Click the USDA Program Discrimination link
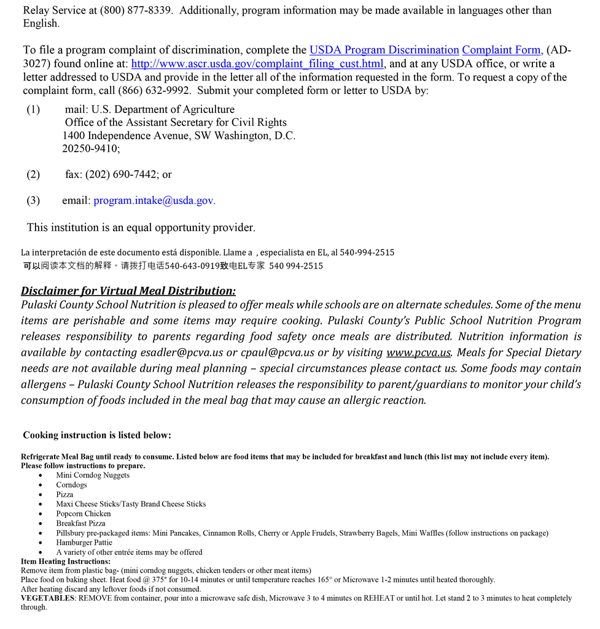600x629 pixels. coord(384,50)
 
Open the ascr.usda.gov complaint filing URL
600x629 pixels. coord(257,64)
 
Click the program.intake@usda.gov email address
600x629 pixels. coord(154,201)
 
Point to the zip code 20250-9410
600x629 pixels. coord(90,149)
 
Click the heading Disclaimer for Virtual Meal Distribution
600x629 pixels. coord(128,291)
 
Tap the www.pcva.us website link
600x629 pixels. coord(418,353)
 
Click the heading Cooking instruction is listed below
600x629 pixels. coord(97,436)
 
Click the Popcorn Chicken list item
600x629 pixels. coord(84,514)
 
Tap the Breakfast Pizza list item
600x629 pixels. coord(80,524)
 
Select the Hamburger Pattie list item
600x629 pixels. coord(84,543)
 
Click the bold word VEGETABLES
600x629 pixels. coord(47,598)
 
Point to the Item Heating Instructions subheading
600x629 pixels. coord(66,561)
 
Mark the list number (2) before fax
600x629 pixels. coord(33,174)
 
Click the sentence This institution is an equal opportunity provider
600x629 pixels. coord(141,228)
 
